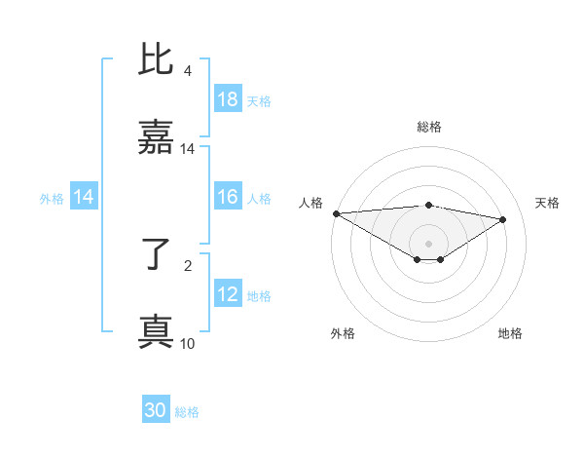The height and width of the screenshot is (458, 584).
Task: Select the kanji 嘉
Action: [156, 138]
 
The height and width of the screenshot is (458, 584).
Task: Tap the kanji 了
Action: [156, 255]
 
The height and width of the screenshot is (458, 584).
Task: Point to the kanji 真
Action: [156, 331]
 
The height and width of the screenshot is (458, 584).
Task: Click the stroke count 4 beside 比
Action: [187, 71]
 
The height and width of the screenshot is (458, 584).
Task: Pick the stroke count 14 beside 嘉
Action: [187, 149]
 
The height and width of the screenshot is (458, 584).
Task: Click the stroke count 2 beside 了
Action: [187, 265]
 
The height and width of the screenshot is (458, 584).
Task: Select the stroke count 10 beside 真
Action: [187, 343]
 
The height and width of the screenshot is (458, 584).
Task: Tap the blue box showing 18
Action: [228, 99]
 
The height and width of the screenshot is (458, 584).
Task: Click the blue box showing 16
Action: [228, 197]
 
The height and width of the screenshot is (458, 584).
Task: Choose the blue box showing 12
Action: [228, 294]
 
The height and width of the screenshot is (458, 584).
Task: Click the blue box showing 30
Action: [156, 411]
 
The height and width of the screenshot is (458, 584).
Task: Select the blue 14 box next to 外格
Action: [84, 197]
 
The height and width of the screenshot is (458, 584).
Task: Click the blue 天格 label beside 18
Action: [259, 100]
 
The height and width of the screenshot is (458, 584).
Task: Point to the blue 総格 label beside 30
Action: [187, 412]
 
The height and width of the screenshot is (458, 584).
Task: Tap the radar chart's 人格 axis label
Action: [310, 202]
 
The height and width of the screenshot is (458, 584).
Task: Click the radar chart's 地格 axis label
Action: [510, 333]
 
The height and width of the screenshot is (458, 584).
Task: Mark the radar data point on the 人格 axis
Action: [336, 213]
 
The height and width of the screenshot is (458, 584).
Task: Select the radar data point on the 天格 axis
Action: [503, 219]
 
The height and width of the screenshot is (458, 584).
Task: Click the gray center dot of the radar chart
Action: [428, 243]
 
